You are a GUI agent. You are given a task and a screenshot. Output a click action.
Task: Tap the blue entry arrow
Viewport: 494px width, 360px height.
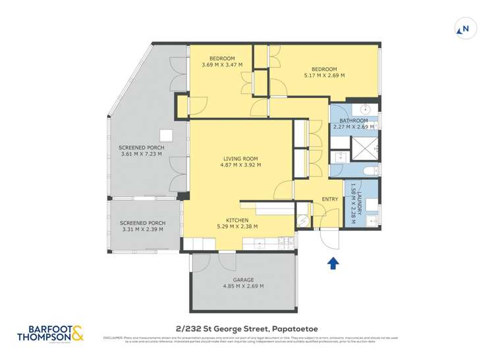click(333, 263)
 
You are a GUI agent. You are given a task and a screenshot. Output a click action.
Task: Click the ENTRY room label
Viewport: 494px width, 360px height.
click(329, 199)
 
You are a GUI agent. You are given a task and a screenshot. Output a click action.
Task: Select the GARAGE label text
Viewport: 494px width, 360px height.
click(243, 280)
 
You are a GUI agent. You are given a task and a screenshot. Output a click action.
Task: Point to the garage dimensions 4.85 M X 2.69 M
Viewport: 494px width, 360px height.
click(243, 286)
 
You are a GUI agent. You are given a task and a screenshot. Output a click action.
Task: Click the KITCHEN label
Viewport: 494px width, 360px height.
click(236, 220)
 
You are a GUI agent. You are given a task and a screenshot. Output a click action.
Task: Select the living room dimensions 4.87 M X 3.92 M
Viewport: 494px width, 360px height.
click(240, 165)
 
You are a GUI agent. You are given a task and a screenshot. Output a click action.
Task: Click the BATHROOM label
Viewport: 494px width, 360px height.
click(353, 120)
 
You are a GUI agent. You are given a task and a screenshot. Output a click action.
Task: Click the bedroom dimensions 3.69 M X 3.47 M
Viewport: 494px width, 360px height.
click(222, 64)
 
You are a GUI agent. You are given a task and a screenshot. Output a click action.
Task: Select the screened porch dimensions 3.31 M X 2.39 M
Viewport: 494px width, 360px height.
click(143, 230)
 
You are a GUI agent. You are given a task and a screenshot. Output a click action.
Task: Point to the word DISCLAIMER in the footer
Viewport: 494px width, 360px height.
click(113, 338)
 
